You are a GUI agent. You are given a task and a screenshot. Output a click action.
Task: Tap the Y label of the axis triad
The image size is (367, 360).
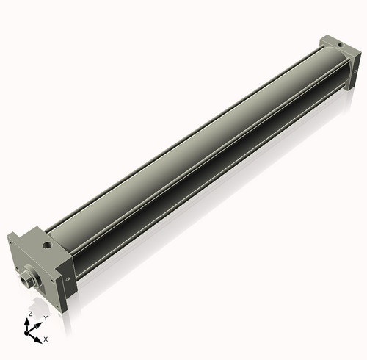[46, 317]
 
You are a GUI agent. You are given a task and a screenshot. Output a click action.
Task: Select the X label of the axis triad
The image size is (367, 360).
[46, 339]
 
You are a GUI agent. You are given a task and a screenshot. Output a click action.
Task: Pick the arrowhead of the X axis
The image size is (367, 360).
[40, 337]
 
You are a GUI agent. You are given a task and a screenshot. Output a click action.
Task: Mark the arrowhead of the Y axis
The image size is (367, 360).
[39, 323]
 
